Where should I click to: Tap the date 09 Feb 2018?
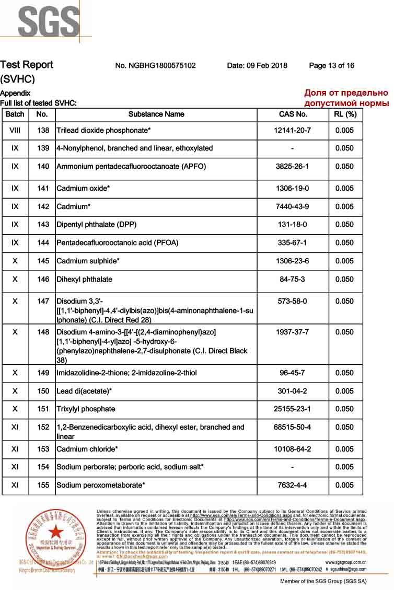click(x=257, y=65)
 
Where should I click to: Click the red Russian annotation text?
click(x=346, y=98)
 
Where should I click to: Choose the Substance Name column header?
click(x=156, y=114)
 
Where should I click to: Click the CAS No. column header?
click(x=293, y=114)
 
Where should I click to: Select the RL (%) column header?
click(x=345, y=114)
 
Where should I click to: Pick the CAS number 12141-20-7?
click(x=293, y=130)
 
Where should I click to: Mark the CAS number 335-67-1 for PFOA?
click(x=293, y=242)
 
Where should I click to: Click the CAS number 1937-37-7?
click(x=293, y=332)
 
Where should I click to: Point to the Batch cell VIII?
click(x=15, y=130)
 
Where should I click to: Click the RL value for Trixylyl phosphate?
click(x=344, y=409)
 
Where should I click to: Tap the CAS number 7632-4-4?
click(x=293, y=485)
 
